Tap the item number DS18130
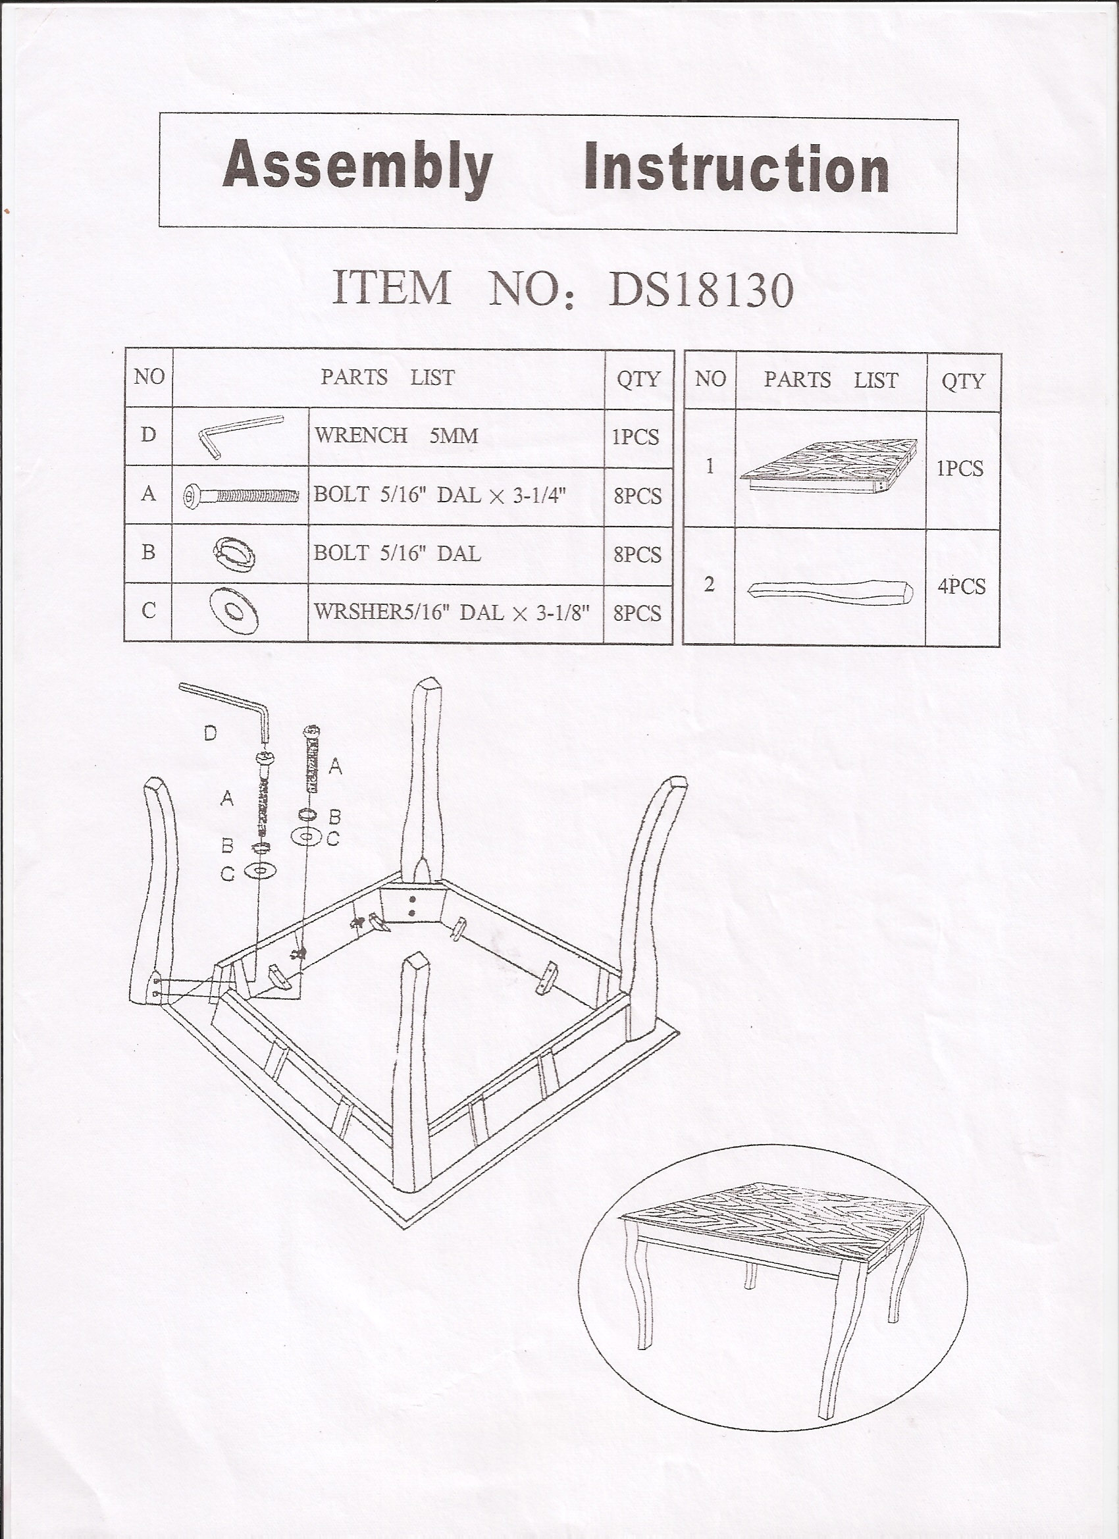pos(700,290)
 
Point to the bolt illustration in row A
pos(241,496)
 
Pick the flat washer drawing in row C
pos(235,612)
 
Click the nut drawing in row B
pos(234,554)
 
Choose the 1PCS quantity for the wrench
pos(635,437)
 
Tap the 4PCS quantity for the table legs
pos(962,587)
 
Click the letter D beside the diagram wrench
pos(211,733)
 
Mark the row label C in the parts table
pos(148,611)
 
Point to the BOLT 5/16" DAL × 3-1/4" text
pos(439,495)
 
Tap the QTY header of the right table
pos(963,381)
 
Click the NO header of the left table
pos(149,377)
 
